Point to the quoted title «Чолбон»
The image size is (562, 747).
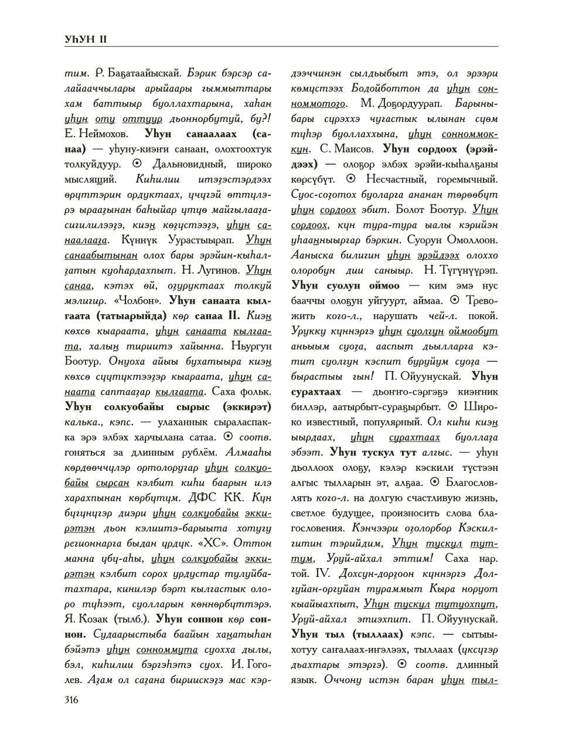[x=137, y=300]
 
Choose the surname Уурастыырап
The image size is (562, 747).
[x=193, y=240]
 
